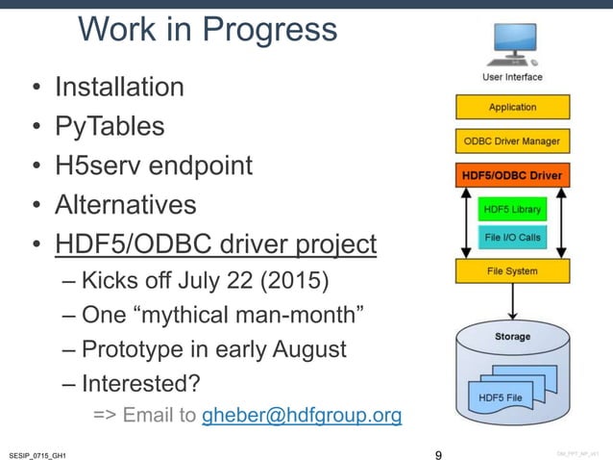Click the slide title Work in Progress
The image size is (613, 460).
(x=207, y=31)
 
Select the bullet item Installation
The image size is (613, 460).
(x=119, y=88)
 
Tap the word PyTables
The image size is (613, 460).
(x=109, y=127)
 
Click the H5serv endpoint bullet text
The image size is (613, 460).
(x=153, y=166)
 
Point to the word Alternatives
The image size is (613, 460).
(x=125, y=205)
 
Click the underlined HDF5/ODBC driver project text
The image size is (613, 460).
(x=215, y=244)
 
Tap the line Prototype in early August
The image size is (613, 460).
(x=213, y=349)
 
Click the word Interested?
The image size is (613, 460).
(x=140, y=383)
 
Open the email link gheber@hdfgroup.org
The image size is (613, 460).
(x=302, y=416)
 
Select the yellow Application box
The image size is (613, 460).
(x=512, y=108)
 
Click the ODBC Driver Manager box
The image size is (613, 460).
(x=512, y=142)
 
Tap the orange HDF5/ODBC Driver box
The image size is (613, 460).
(x=512, y=177)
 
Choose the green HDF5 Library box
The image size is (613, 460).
(x=511, y=209)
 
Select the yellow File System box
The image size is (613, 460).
(x=512, y=271)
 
